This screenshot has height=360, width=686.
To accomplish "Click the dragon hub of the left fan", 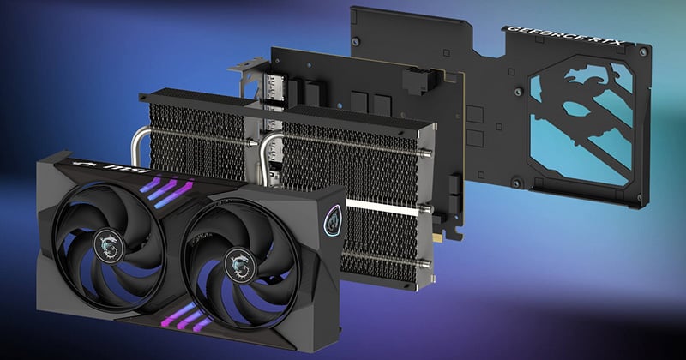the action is coord(109,246).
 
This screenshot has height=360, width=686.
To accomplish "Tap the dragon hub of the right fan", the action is coord(240,264).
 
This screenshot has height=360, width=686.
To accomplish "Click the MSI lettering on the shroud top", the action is coord(122,169).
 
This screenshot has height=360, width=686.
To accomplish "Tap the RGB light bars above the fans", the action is coord(168,192).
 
